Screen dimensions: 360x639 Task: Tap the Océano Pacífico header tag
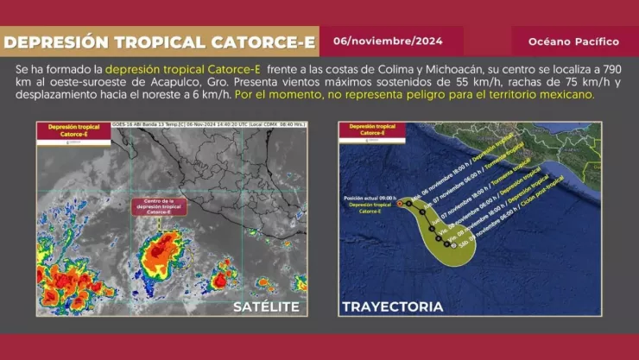pyautogui.click(x=573, y=41)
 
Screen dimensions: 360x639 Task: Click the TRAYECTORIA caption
pyautogui.click(x=393, y=306)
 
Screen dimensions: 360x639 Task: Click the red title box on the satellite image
pyautogui.click(x=73, y=130)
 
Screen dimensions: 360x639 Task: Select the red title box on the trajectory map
pyautogui.click(x=371, y=130)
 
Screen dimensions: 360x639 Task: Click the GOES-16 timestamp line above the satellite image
pyautogui.click(x=207, y=124)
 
